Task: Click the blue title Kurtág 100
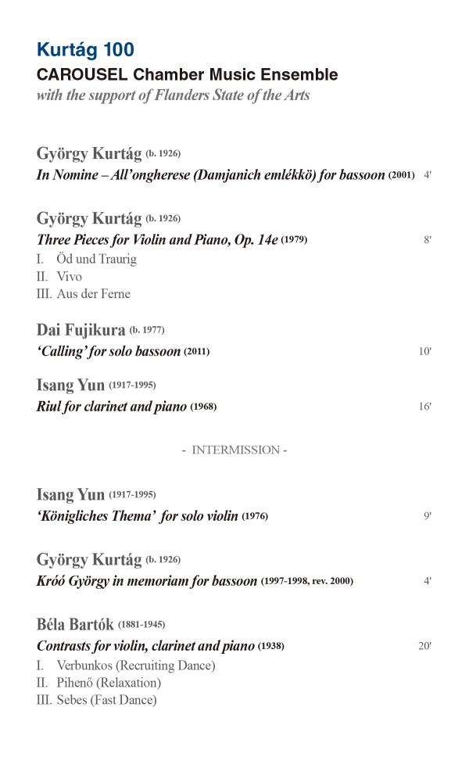point(85,50)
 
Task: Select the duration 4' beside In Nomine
point(428,175)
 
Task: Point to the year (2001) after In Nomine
point(401,175)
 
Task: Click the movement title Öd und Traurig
point(97,259)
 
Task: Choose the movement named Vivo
point(69,276)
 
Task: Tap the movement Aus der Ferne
point(93,294)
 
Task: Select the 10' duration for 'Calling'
point(425,351)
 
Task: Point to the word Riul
point(51,407)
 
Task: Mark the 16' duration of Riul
point(425,407)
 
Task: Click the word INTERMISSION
point(235,450)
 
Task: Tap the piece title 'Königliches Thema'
point(97,516)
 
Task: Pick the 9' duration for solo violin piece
point(428,516)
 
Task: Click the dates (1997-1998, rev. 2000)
point(307,581)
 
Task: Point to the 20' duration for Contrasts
point(425,646)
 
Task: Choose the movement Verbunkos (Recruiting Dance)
point(136,666)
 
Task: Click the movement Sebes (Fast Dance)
point(106,700)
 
